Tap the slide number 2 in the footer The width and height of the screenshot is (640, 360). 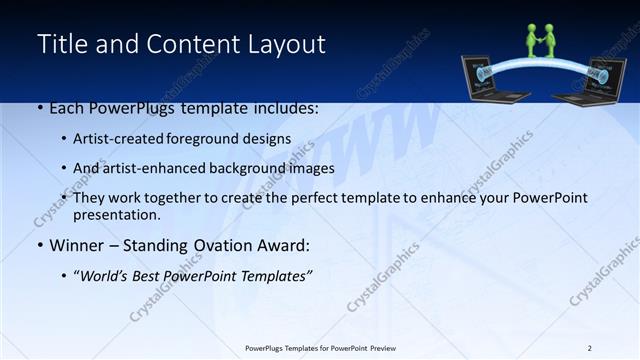pos(589,348)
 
